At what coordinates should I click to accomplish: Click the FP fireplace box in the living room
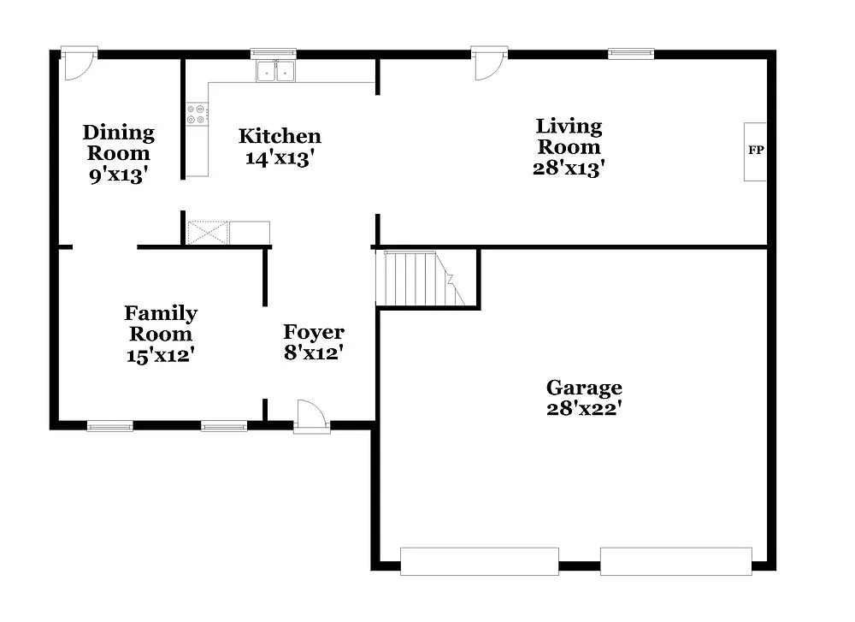[x=755, y=151]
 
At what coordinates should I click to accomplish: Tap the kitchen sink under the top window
[x=275, y=72]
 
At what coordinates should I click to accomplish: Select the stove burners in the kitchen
[x=198, y=114]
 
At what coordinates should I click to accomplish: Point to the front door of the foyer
[x=312, y=417]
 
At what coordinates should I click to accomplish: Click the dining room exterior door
[x=79, y=64]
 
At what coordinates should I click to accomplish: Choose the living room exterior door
[x=490, y=64]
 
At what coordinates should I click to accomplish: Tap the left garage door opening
[x=479, y=561]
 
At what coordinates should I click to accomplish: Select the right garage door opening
[x=675, y=561]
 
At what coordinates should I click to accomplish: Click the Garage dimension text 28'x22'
[x=584, y=409]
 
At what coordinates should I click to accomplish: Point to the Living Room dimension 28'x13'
[x=569, y=168]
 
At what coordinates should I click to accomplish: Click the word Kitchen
[x=280, y=136]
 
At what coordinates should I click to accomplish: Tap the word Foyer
[x=314, y=332]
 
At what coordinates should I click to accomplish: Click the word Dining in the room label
[x=118, y=133]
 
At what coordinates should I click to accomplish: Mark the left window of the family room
[x=109, y=425]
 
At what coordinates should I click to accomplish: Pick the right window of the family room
[x=224, y=425]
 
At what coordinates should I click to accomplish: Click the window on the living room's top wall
[x=631, y=54]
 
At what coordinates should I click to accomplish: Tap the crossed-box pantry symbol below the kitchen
[x=208, y=233]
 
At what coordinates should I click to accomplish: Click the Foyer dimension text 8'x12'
[x=314, y=352]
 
